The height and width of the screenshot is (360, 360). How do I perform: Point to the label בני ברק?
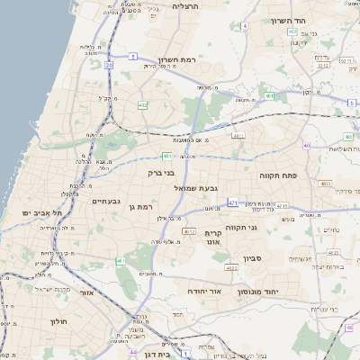[160, 173]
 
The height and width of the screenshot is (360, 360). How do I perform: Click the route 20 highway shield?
[108, 65]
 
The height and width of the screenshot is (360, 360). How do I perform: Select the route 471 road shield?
[233, 203]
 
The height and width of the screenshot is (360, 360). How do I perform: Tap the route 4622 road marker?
[231, 267]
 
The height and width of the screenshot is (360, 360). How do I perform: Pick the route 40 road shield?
[307, 145]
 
